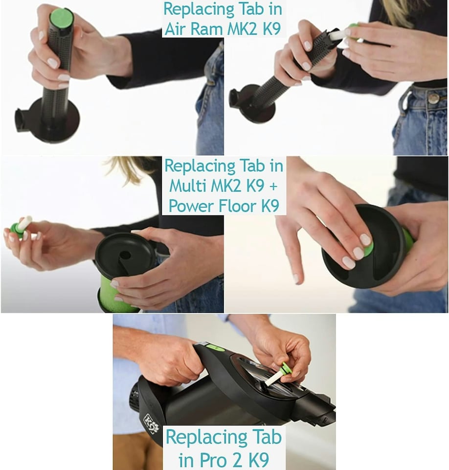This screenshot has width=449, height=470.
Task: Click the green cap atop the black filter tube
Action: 62,18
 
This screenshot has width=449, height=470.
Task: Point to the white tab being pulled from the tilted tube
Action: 337,35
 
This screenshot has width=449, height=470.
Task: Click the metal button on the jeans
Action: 433,97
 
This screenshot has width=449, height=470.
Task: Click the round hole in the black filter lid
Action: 125,256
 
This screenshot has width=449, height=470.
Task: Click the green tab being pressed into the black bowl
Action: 368,247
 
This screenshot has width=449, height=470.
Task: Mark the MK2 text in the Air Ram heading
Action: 243,29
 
